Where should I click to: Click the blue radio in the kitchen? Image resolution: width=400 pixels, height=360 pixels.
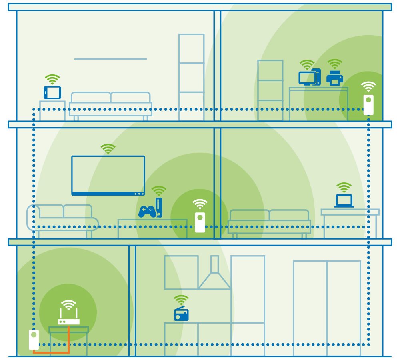181,314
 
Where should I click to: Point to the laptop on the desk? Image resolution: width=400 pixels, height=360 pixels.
344,201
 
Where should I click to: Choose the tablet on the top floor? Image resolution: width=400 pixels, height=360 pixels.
52,92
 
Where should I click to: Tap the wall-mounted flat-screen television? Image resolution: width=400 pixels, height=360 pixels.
108,175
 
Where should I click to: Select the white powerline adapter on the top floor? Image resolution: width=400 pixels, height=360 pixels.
368,105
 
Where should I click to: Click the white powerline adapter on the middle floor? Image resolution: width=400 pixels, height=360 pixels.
200,222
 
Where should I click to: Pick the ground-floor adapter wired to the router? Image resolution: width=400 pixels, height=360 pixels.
34,339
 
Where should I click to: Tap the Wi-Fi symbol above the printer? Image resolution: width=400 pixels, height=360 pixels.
334,64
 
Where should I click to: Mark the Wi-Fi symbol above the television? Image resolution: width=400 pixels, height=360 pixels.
108,149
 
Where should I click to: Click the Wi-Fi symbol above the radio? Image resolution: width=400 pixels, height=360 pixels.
181,300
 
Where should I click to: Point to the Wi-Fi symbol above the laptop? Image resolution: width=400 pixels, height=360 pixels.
344,187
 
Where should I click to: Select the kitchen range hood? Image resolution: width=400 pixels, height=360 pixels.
215,276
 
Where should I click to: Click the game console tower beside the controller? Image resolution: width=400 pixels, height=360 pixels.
159,207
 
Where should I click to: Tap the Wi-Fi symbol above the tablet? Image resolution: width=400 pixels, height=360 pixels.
52,79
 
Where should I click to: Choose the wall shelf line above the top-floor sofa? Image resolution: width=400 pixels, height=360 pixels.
110,59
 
